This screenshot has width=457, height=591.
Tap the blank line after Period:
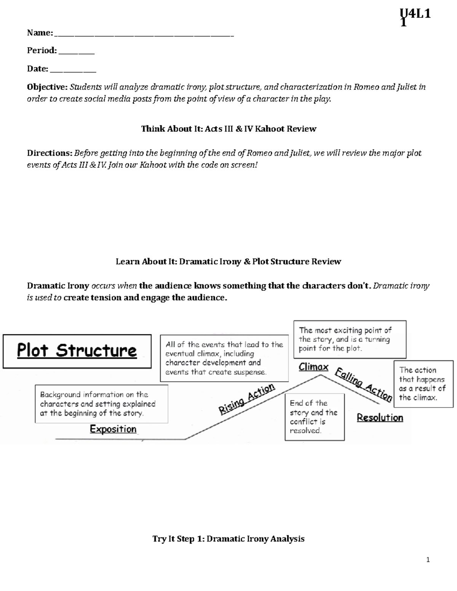[76, 52]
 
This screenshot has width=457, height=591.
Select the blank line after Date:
[73, 70]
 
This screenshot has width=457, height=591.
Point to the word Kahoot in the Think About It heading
[269, 129]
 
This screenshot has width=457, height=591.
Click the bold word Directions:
[50, 153]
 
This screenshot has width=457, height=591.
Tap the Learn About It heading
[228, 261]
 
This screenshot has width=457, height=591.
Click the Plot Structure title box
[77, 351]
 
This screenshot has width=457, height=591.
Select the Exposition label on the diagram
[113, 429]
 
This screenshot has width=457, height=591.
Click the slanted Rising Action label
[247, 398]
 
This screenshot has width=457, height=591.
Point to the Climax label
[313, 367]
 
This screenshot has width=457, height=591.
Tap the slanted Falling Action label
[363, 384]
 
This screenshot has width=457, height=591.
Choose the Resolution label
[380, 417]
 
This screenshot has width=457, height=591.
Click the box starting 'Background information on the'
[101, 404]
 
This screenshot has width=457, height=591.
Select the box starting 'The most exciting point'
[349, 339]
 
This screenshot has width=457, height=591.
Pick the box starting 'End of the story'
[314, 417]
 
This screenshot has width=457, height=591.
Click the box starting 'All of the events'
[224, 358]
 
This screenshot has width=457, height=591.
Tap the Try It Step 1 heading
[228, 538]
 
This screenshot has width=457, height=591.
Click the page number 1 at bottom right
[428, 559]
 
